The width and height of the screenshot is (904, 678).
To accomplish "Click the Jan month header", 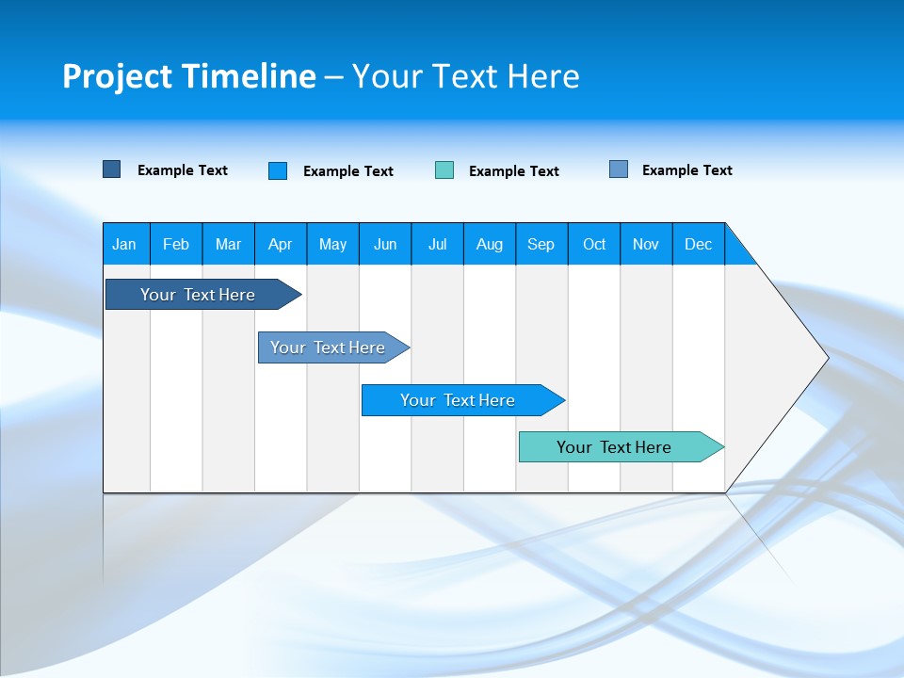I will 124,244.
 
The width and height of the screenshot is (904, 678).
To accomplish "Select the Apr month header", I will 280,244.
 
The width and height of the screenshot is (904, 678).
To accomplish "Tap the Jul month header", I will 437,244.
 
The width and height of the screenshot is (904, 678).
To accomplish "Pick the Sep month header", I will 541,244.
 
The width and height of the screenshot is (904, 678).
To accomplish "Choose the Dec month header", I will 698,244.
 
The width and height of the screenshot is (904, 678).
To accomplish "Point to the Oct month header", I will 593,244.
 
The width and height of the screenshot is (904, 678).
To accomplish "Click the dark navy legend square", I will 111,169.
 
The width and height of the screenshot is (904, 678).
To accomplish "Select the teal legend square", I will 444,170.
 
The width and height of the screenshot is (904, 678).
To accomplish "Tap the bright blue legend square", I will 278,170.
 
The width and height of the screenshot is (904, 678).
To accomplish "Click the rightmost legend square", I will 619,169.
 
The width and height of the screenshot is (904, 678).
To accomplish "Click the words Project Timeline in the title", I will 188,76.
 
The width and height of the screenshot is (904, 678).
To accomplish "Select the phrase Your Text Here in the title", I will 466,76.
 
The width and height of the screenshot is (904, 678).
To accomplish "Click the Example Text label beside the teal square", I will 513,171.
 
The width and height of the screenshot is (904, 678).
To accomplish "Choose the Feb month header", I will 176,244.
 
